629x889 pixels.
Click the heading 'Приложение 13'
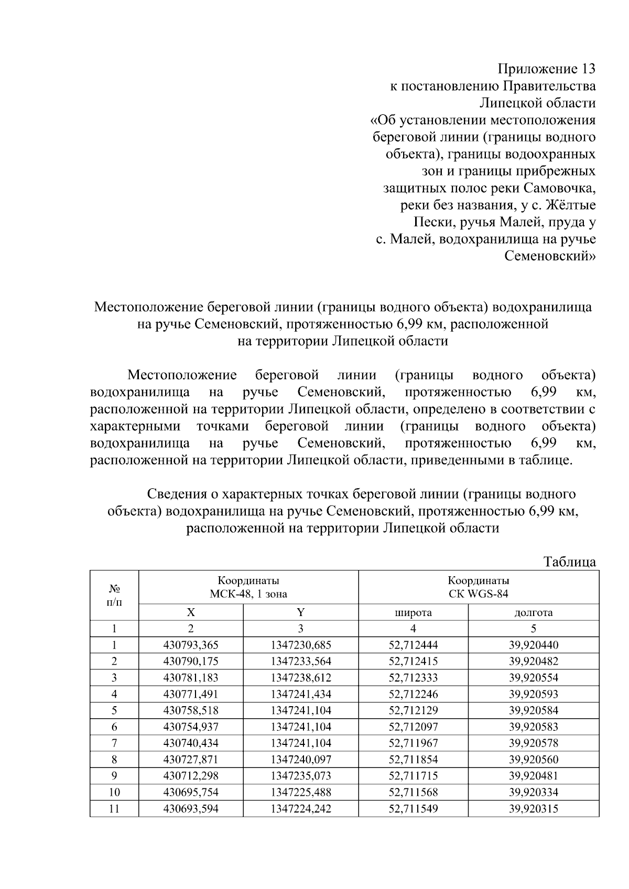(546, 69)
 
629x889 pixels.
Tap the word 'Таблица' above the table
(570, 562)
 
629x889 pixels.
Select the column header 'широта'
(413, 612)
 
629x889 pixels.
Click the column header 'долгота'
(533, 612)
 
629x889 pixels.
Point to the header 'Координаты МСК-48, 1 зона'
(248, 587)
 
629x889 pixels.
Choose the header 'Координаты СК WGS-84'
(478, 587)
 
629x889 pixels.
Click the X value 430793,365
(191, 645)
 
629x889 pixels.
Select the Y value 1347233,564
(301, 661)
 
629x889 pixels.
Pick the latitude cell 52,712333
(413, 677)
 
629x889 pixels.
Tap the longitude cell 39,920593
(533, 694)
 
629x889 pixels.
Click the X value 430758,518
(191, 710)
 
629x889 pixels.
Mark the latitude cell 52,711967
(413, 743)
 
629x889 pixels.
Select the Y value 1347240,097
(301, 760)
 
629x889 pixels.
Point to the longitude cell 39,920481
(533, 776)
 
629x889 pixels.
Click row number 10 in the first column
(114, 792)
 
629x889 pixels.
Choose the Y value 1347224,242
(301, 808)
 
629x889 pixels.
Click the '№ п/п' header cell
(114, 595)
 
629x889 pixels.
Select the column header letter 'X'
(191, 612)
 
